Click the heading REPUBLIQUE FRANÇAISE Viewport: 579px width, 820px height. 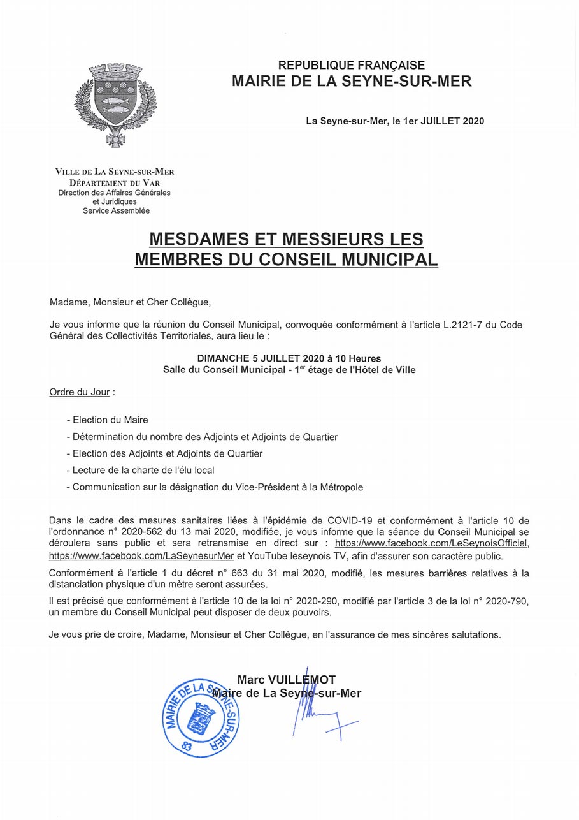(352, 65)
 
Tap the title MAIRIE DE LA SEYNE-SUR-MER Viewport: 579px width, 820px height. (352, 82)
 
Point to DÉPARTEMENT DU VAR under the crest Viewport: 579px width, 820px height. (115, 182)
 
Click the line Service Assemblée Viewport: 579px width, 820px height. (116, 210)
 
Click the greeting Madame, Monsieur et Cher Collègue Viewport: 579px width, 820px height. (130, 302)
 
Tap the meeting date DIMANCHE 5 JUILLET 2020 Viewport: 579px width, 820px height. (261, 358)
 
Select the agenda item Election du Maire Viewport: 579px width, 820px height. (109, 420)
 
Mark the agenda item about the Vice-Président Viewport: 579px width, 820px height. (216, 487)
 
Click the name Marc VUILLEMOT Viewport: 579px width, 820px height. (286, 680)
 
